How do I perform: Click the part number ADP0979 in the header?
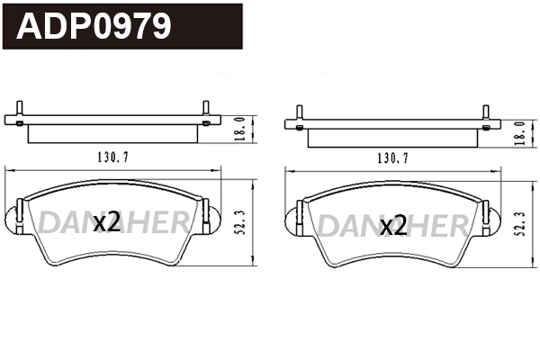(x=94, y=26)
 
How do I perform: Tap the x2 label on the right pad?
(x=392, y=226)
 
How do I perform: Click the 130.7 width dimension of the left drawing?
(x=112, y=157)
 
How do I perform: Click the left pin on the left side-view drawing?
(x=19, y=112)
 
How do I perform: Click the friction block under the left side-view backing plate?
(x=112, y=133)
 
